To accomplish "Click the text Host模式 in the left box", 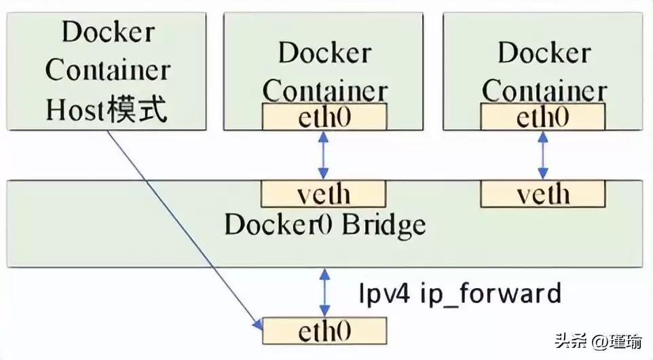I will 107,111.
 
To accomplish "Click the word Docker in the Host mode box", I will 107,31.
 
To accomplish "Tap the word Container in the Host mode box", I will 107,70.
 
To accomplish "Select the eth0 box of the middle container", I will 324,117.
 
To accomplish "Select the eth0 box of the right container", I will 543,117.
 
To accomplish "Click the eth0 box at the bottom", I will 324,331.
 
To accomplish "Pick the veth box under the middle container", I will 324,194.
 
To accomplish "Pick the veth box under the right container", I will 543,194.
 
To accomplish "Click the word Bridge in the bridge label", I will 384,226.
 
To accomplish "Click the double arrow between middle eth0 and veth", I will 324,156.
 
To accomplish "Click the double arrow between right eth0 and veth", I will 543,156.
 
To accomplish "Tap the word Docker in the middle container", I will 324,53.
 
